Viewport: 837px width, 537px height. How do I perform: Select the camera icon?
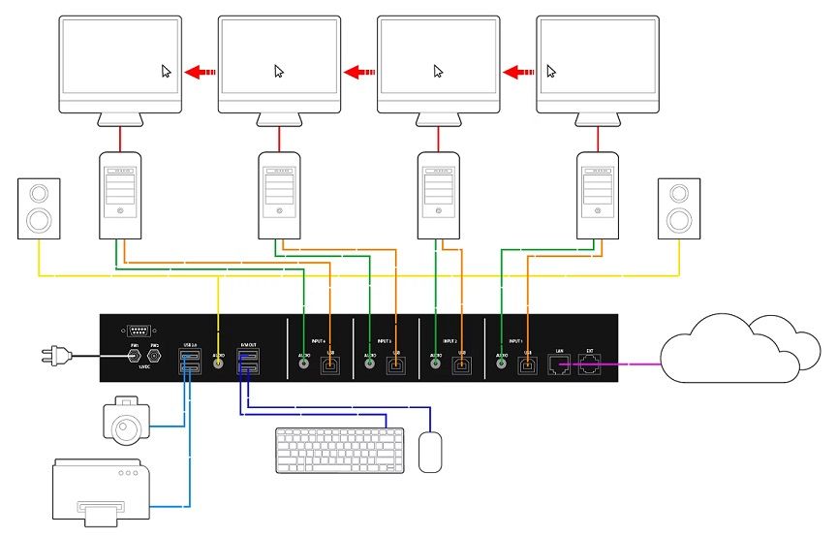point(128,420)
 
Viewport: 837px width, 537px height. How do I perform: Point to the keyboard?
point(339,451)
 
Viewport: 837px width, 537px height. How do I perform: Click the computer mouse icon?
point(430,452)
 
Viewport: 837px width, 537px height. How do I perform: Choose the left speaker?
point(40,208)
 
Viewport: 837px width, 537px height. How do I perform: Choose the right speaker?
point(678,208)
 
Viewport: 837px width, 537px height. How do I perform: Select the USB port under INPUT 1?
point(528,364)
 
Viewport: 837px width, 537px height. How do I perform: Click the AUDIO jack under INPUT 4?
point(304,365)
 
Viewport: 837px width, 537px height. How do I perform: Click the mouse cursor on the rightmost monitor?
point(552,71)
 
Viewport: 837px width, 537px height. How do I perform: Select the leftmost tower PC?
point(120,195)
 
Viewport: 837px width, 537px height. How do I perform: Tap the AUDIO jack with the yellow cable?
point(218,363)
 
